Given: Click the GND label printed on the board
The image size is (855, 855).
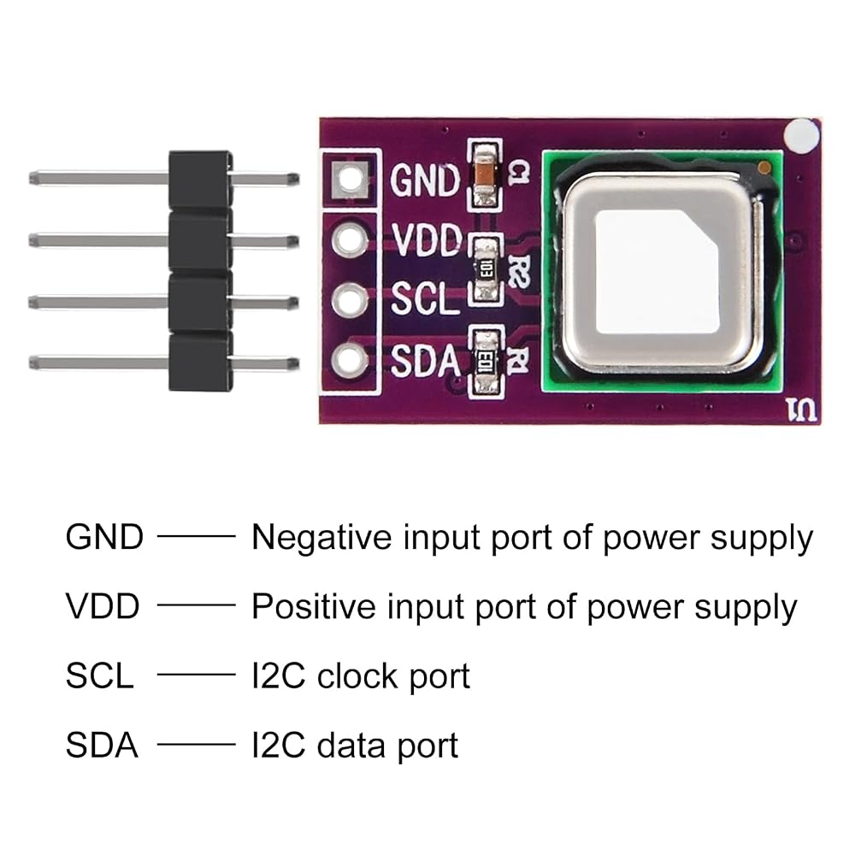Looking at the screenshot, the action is coord(425,180).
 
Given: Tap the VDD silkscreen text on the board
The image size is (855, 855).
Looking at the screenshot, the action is coord(427,240).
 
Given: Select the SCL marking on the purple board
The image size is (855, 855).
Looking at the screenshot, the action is coord(425,298).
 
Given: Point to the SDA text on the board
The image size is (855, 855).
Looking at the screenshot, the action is coord(425,361).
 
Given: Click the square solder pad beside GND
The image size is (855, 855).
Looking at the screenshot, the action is coord(350,179).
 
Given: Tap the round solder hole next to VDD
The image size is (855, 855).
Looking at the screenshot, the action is coord(350,239).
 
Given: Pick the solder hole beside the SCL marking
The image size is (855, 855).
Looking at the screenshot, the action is coord(350,300).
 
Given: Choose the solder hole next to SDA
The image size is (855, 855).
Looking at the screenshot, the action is coord(350,361).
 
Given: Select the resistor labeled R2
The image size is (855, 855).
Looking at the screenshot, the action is coord(486,268).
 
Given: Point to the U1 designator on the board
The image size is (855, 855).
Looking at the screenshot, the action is coord(802,410).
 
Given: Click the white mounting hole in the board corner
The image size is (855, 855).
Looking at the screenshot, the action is coord(800,136).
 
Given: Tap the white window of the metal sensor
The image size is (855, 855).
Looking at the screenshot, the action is coord(656,271).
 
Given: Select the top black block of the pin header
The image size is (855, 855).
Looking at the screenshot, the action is coord(200,180).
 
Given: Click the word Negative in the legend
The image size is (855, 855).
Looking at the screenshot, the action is coord(321,538).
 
